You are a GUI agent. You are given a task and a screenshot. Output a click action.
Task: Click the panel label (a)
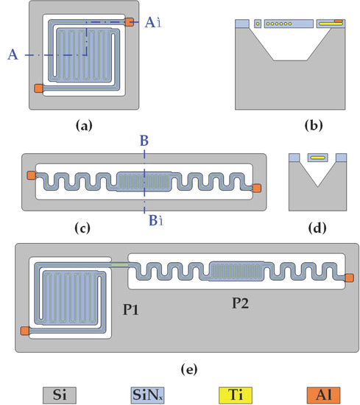(x=83, y=126)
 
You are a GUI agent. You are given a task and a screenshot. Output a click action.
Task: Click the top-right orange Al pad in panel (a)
(x=130, y=23)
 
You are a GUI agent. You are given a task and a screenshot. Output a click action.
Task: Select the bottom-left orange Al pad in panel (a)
(x=38, y=89)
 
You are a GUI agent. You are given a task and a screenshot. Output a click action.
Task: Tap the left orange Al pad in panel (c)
(x=30, y=175)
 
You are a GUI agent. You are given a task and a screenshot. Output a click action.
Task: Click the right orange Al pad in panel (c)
(x=256, y=188)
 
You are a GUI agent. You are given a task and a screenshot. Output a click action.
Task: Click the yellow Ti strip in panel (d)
(x=317, y=157)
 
